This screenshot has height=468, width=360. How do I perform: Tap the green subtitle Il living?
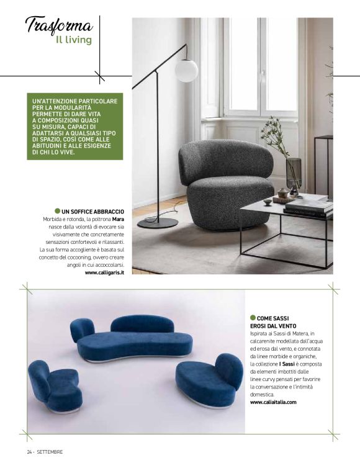(x=73, y=40)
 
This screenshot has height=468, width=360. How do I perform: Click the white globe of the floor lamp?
(x=186, y=70)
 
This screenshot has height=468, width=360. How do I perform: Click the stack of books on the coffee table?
(x=308, y=205)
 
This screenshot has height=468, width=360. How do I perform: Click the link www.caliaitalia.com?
(x=273, y=402)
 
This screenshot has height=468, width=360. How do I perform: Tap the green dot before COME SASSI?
(x=253, y=317)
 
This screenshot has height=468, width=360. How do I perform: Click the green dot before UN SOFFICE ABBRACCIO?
(x=58, y=212)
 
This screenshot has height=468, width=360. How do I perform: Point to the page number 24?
(x=29, y=451)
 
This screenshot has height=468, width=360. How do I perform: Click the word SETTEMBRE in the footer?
(x=49, y=451)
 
